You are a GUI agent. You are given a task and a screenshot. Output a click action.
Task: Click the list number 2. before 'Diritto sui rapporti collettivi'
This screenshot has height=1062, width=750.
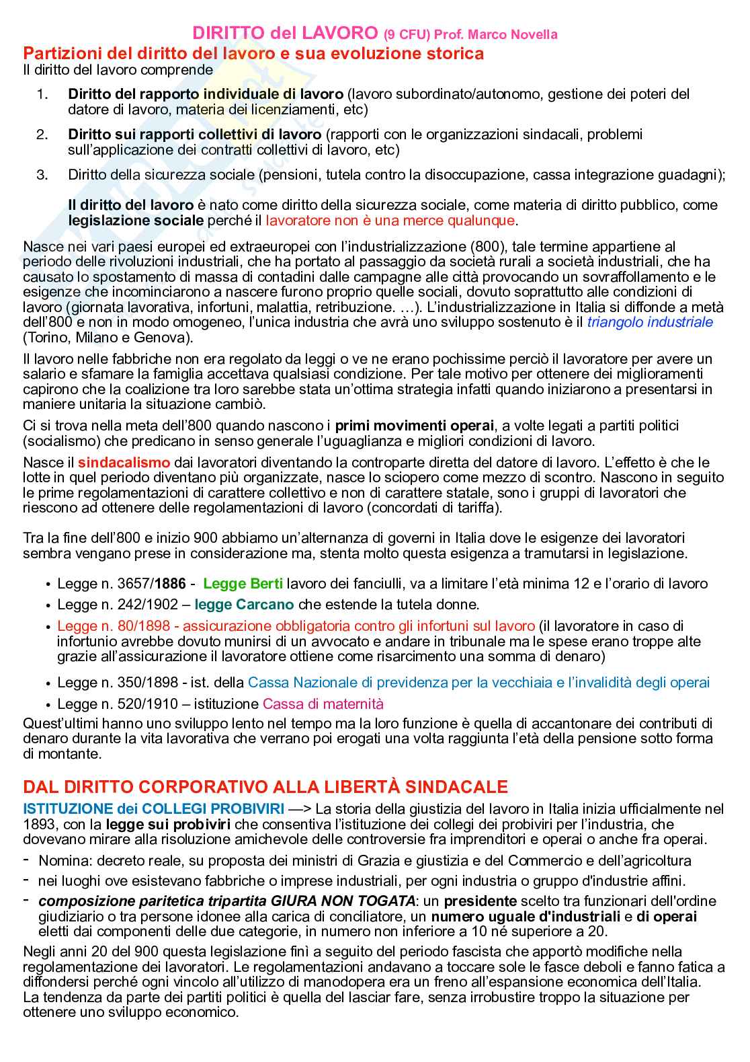pyautogui.click(x=42, y=135)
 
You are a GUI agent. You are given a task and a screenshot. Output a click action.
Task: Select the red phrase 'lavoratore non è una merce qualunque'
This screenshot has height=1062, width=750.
pyautogui.click(x=390, y=220)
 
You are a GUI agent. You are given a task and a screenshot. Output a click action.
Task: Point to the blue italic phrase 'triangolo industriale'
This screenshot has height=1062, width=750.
pyautogui.click(x=650, y=321)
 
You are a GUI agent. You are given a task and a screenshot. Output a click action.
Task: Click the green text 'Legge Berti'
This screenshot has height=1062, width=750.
pyautogui.click(x=243, y=583)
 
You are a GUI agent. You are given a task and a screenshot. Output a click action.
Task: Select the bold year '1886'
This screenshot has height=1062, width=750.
pyautogui.click(x=171, y=583)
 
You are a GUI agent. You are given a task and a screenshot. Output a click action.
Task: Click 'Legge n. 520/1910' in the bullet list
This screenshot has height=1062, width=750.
pyautogui.click(x=118, y=704)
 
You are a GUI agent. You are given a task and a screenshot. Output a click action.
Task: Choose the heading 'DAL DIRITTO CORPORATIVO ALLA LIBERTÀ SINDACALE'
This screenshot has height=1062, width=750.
pyautogui.click(x=265, y=786)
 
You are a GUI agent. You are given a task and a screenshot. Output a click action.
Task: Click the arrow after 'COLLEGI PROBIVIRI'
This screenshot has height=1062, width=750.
pyautogui.click(x=299, y=808)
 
